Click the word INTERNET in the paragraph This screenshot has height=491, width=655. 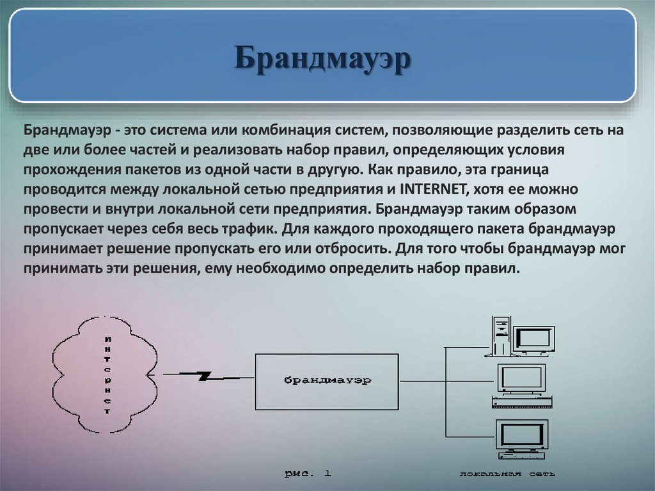pos(432,189)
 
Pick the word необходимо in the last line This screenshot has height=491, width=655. pos(278,268)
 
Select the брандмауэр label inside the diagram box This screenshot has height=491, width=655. pos(327,380)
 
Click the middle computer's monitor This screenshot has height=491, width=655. pos(523,378)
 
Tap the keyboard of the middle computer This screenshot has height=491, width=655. pos(521,402)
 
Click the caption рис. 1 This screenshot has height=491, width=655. pos(308,474)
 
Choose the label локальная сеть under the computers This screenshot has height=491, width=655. pos(507,474)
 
